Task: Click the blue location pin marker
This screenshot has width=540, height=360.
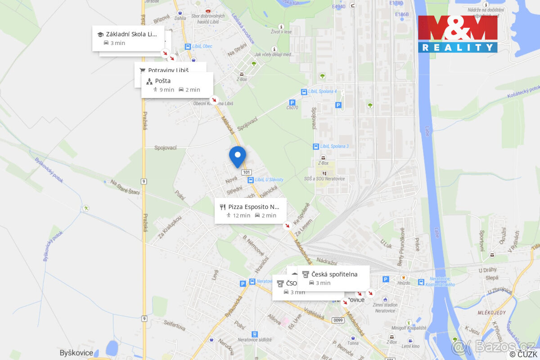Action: [237, 156]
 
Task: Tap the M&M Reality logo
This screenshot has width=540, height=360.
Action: [457, 34]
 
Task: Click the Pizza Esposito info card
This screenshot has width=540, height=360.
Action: [250, 211]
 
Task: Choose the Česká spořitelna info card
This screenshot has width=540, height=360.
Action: [333, 278]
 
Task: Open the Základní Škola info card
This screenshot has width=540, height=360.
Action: [128, 38]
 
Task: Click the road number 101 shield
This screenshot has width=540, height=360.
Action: [246, 172]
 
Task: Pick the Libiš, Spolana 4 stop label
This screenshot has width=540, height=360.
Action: [322, 91]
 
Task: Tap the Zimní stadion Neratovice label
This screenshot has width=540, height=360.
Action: [385, 308]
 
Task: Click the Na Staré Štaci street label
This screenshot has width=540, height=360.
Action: [125, 187]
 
